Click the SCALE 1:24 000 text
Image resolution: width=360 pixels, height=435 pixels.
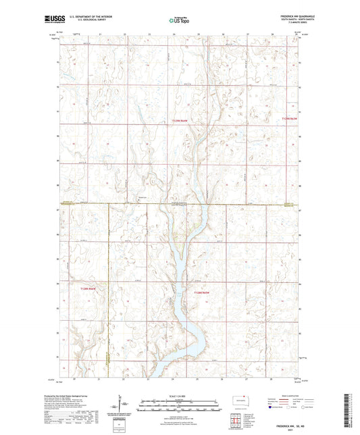coord(180,396)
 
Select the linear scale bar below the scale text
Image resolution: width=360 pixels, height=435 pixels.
coord(180,403)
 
